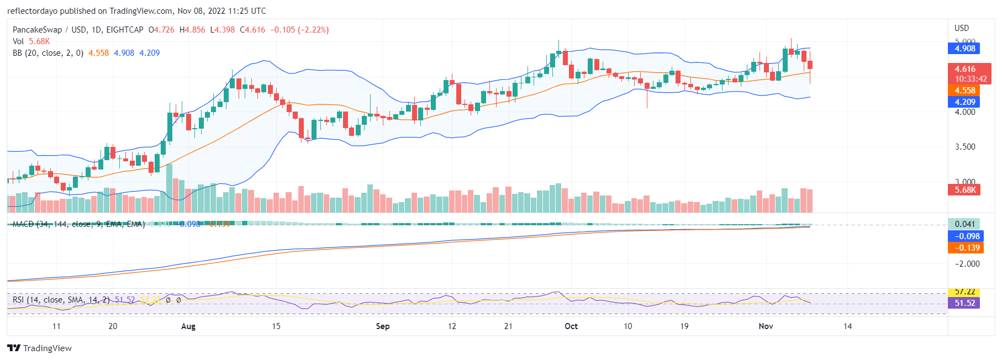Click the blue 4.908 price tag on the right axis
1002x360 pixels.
pos(964,49)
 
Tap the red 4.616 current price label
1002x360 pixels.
pos(964,69)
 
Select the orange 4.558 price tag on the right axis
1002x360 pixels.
pos(964,91)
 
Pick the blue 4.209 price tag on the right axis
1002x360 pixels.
pos(964,102)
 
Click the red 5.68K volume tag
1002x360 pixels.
pos(964,190)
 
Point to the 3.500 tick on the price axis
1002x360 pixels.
pos(965,147)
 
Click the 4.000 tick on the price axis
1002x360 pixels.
pos(965,112)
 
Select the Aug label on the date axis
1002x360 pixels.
pos(188,326)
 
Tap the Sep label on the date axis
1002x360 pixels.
pos(383,326)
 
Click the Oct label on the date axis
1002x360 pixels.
pos(571,326)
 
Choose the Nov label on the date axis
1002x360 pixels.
pos(766,326)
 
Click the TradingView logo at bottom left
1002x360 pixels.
pos(40,348)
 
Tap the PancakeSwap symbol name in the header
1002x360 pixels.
pos(37,30)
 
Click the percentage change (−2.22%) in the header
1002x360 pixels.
pos(313,30)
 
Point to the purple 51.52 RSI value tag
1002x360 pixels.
pos(964,303)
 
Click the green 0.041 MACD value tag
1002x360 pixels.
pos(964,224)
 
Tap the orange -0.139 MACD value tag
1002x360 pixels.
pos(964,248)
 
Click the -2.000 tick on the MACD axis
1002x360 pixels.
pos(967,264)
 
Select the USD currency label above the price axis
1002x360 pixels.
pos(962,28)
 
